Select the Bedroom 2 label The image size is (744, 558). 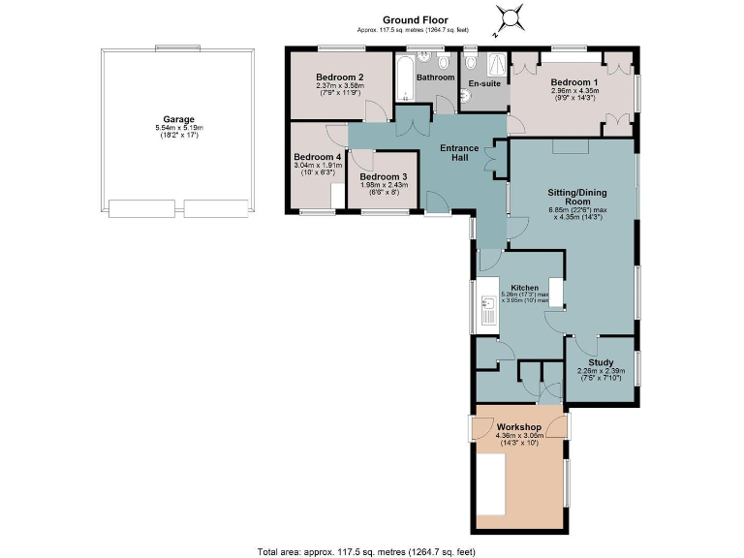pyautogui.click(x=339, y=77)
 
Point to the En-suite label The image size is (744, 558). pyautogui.click(x=483, y=84)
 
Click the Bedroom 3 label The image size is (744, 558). pyautogui.click(x=382, y=177)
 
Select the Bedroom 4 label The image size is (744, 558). pyautogui.click(x=317, y=157)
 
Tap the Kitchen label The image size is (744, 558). pyautogui.click(x=525, y=289)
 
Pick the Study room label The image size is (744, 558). pyautogui.click(x=601, y=362)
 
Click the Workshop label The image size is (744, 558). pyautogui.click(x=518, y=427)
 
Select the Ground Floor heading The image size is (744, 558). pyautogui.click(x=414, y=19)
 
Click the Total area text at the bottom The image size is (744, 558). pyautogui.click(x=366, y=550)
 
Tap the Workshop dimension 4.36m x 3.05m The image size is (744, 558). pyautogui.click(x=518, y=437)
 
